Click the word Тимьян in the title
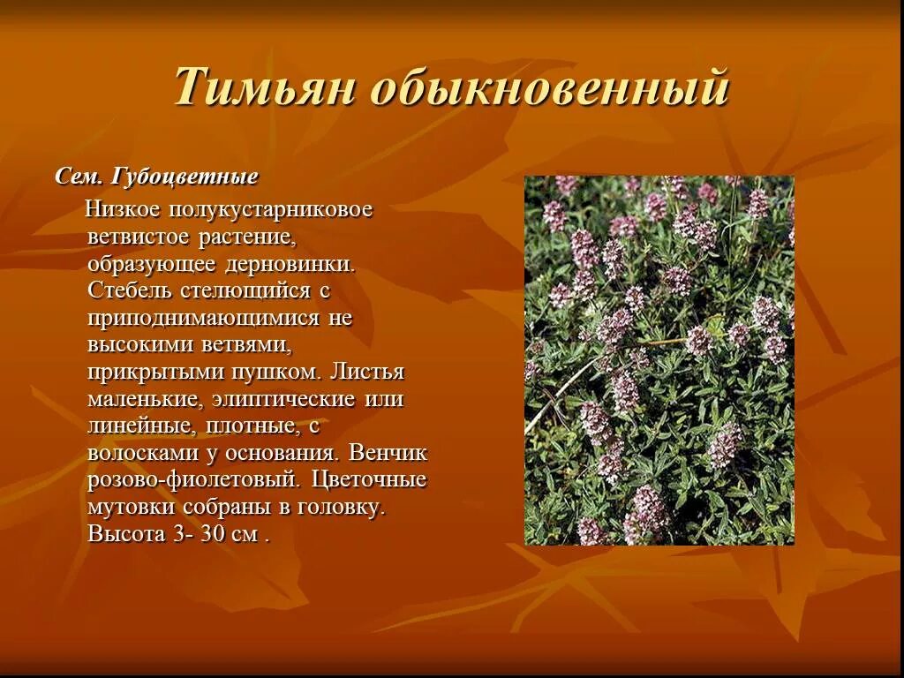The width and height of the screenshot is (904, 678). [x=263, y=88]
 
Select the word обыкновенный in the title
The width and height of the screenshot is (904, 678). [x=549, y=88]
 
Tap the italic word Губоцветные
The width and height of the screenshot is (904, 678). [x=185, y=177]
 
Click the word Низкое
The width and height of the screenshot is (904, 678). [x=122, y=210]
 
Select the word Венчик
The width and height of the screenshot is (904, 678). [x=388, y=453]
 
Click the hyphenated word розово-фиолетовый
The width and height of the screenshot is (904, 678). [x=194, y=480]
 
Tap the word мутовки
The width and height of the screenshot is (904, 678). [x=132, y=508]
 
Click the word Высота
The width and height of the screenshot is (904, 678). [x=126, y=534]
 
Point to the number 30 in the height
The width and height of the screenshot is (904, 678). [x=215, y=534]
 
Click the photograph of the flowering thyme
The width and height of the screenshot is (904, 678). [x=659, y=360]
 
